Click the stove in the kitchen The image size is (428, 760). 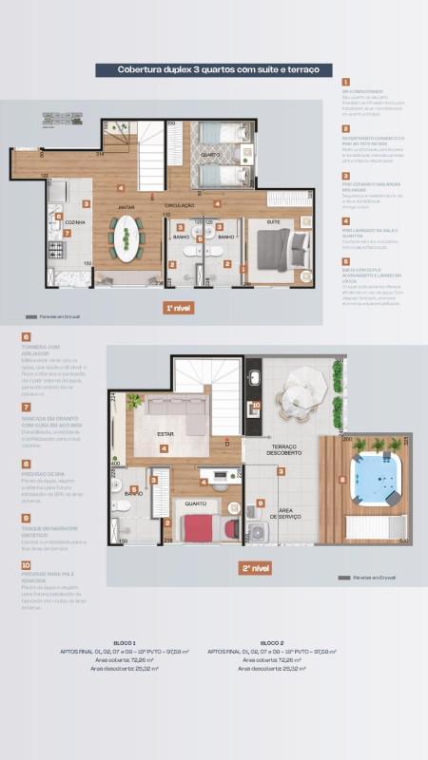[x=55, y=252]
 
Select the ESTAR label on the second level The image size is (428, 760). [x=165, y=434]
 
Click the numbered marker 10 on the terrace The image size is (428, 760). [x=255, y=405]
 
